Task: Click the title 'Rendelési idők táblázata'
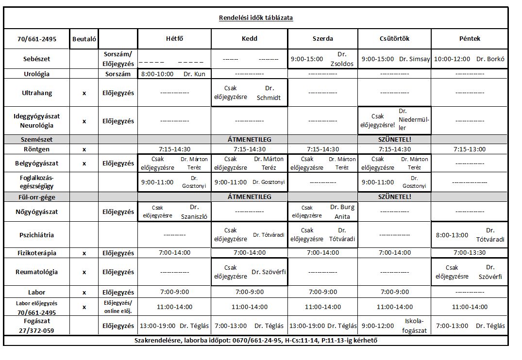coord(256,18)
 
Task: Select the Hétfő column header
coord(174,38)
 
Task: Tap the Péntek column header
coord(469,38)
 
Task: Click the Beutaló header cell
coord(84,39)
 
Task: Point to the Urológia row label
coord(37,74)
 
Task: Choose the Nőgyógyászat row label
coord(37,212)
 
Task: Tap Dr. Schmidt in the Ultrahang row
coord(269,93)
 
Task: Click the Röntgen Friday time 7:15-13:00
coord(469,149)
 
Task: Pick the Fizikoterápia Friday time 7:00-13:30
coord(469,253)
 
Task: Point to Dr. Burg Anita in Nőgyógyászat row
coord(342,212)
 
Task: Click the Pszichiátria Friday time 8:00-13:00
coord(452,235)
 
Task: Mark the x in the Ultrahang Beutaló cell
coord(84,93)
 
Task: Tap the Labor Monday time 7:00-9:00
coord(174,292)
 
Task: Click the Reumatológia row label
coord(37,272)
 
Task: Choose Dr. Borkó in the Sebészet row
coord(490,59)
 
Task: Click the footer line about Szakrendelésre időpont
coord(256,340)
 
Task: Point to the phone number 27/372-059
coord(37,330)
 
